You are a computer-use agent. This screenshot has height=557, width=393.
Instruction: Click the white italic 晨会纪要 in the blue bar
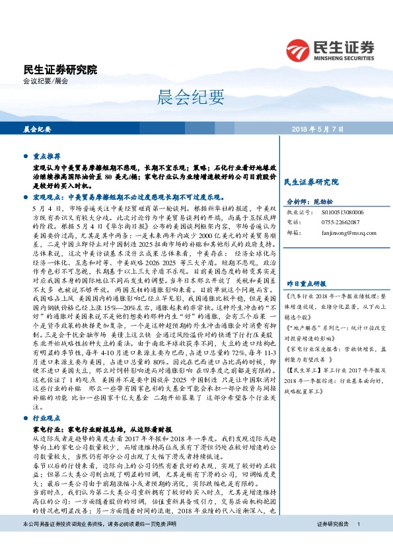[x=38, y=128]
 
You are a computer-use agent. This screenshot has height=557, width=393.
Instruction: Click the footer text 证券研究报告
[x=331, y=542]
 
